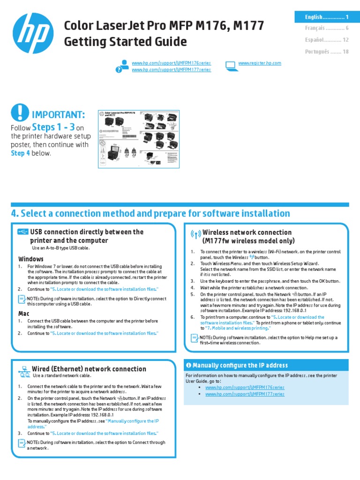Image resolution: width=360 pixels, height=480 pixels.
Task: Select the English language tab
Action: click(321, 17)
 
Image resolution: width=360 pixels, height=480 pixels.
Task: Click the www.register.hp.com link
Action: click(260, 63)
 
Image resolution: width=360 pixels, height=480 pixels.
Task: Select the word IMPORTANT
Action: click(58, 115)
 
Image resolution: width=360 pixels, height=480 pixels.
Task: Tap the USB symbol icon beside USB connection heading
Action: click(23, 232)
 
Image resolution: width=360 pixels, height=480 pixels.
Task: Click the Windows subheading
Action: click(31, 259)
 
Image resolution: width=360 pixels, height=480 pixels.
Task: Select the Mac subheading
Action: click(24, 313)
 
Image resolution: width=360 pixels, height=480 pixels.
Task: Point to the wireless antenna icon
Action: click(195, 235)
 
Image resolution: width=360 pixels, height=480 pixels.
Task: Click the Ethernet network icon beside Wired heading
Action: click(24, 371)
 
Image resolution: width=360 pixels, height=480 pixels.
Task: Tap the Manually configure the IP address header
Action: click(240, 365)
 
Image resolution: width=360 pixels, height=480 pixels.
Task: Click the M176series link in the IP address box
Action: click(244, 388)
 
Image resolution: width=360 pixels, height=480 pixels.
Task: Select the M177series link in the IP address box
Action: click(244, 394)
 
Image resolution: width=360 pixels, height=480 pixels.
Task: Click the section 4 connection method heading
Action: click(150, 214)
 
